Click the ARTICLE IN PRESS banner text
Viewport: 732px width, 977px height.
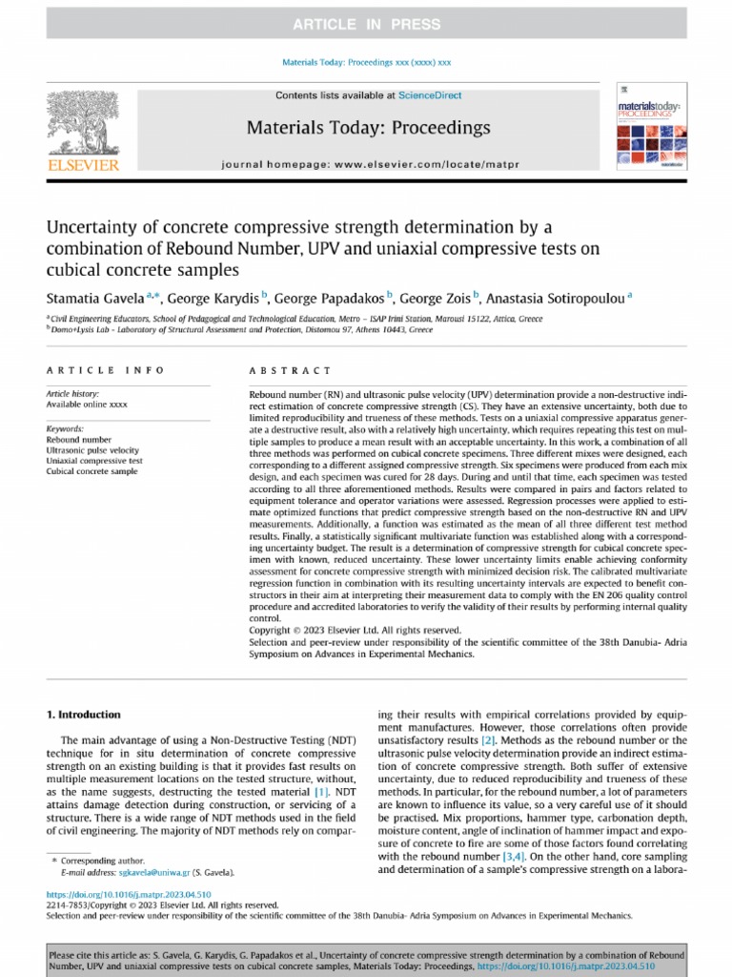pyautogui.click(x=366, y=25)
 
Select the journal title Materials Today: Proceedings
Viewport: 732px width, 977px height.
pyautogui.click(x=368, y=127)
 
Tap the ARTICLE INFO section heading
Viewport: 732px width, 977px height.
pyautogui.click(x=105, y=370)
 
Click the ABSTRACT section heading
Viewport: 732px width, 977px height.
pyautogui.click(x=291, y=370)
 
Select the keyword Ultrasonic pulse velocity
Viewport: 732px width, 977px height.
pyautogui.click(x=92, y=449)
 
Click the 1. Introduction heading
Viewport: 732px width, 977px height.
pyautogui.click(x=84, y=714)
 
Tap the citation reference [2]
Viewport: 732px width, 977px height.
pyautogui.click(x=488, y=740)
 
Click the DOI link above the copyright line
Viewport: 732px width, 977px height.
pyautogui.click(x=130, y=894)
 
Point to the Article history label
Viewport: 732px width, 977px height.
pyautogui.click(x=72, y=394)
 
